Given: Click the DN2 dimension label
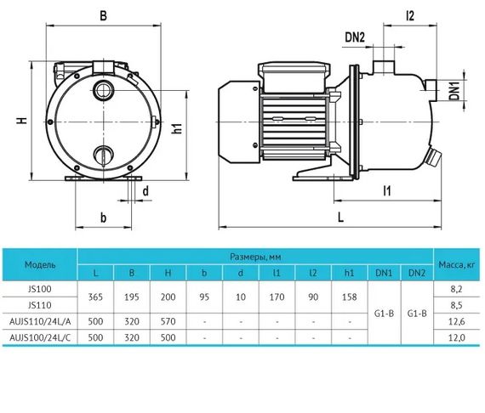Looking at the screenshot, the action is point(355,37).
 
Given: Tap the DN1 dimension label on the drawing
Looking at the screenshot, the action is point(454,89).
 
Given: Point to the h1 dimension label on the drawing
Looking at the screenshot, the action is point(177,127).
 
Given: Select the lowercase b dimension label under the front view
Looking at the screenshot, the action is point(103,218).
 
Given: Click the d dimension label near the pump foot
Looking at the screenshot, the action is point(145,191).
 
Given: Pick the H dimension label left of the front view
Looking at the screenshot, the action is point(21,121).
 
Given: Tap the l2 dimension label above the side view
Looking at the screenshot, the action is point(410,15).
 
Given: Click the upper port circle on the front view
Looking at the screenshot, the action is point(104,90).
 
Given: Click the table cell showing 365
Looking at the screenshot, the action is point(95,297).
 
